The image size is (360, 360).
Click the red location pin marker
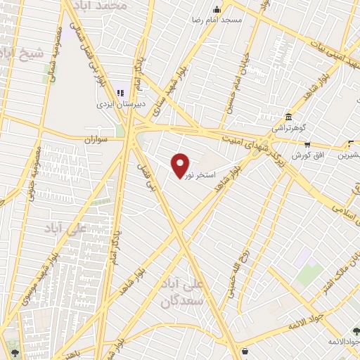181,165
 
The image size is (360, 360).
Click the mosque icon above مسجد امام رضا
216,9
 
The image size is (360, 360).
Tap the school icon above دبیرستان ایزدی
119,92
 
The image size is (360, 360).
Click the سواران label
99,140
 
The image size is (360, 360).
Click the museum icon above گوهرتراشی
288,117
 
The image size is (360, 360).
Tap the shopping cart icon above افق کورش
307,143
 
